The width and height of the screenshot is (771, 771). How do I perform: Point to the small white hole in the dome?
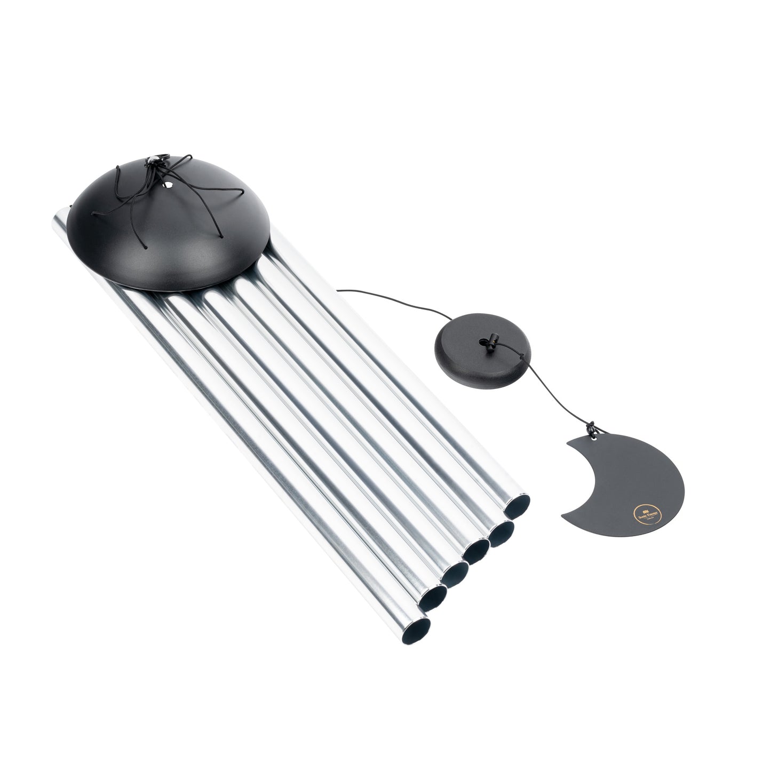(x=170, y=185)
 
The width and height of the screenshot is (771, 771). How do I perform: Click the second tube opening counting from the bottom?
(x=433, y=599)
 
